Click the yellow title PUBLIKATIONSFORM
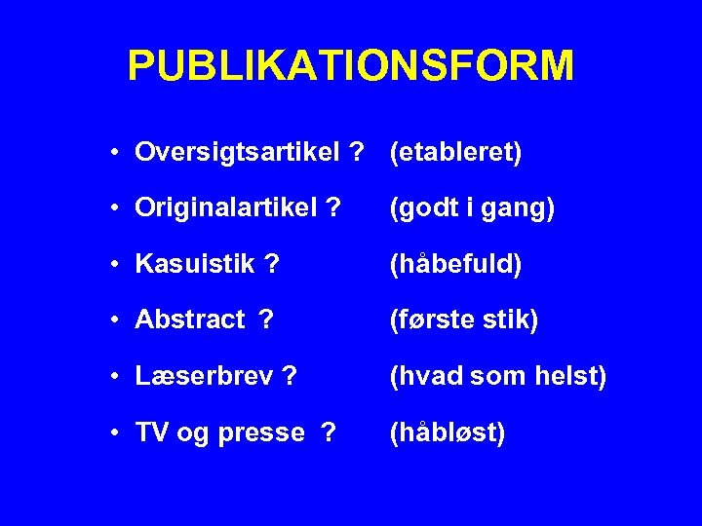point(351,66)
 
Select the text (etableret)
point(455,153)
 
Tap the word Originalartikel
point(225,208)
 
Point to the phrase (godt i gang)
point(472,208)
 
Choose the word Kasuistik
point(195,265)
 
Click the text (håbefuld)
point(455,265)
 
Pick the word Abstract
point(190,320)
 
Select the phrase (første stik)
point(463,320)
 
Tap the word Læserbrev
point(201,376)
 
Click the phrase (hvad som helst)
point(497,376)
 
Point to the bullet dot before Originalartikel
point(115,209)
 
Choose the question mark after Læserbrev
point(289,376)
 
